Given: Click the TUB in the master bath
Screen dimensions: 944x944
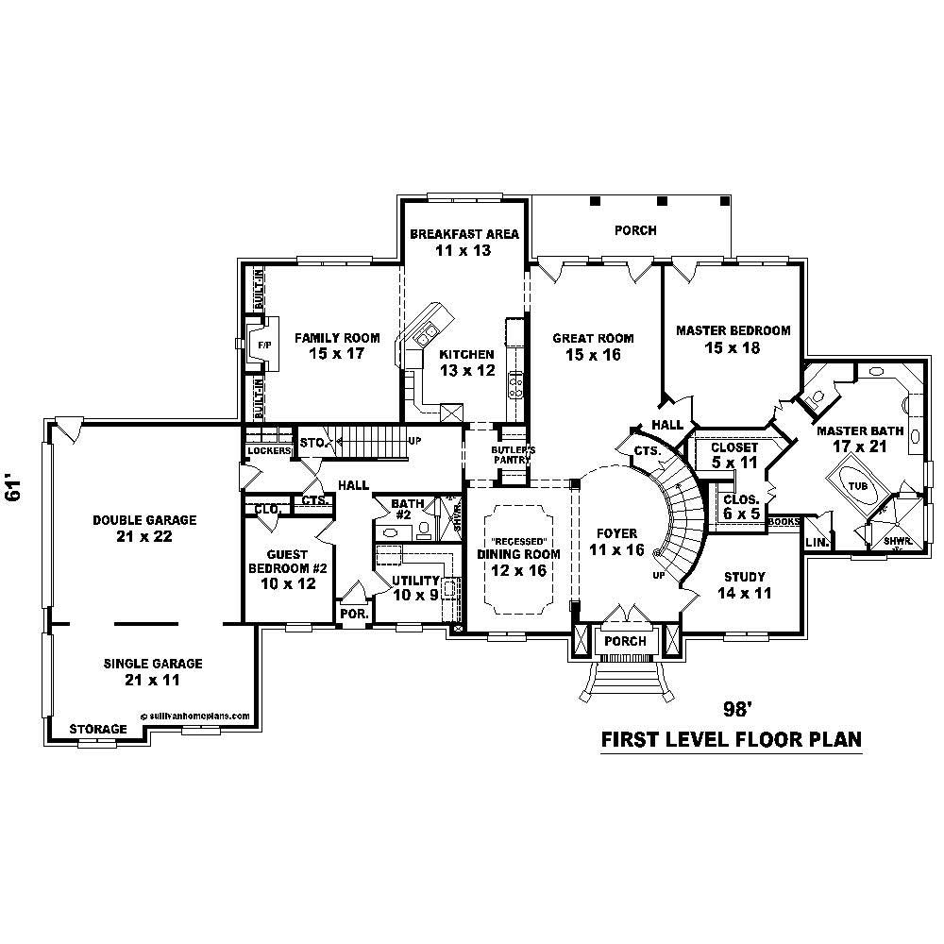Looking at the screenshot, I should [857, 484].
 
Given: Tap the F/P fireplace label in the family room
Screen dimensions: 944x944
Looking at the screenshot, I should [263, 346].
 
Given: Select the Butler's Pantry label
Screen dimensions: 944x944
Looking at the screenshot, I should [513, 455].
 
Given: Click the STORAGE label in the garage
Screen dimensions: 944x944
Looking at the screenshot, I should [99, 730].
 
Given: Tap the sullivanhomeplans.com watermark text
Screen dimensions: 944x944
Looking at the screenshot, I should [195, 716].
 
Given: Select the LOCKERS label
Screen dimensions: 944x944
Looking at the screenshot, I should [267, 451].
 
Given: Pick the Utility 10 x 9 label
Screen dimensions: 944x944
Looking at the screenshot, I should [415, 587].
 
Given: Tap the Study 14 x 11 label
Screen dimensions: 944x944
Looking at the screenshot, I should [744, 584].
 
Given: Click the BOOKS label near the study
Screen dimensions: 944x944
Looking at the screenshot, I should [784, 521].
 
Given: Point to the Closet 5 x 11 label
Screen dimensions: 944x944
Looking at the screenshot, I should [734, 455].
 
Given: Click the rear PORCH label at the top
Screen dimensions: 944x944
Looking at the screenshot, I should [634, 230].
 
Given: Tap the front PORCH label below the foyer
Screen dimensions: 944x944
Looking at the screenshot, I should [624, 641].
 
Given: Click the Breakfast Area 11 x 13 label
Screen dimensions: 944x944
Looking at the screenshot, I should [464, 242].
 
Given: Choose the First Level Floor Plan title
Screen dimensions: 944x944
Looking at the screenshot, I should [731, 739].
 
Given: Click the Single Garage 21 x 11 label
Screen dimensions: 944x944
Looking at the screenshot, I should [152, 671].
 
